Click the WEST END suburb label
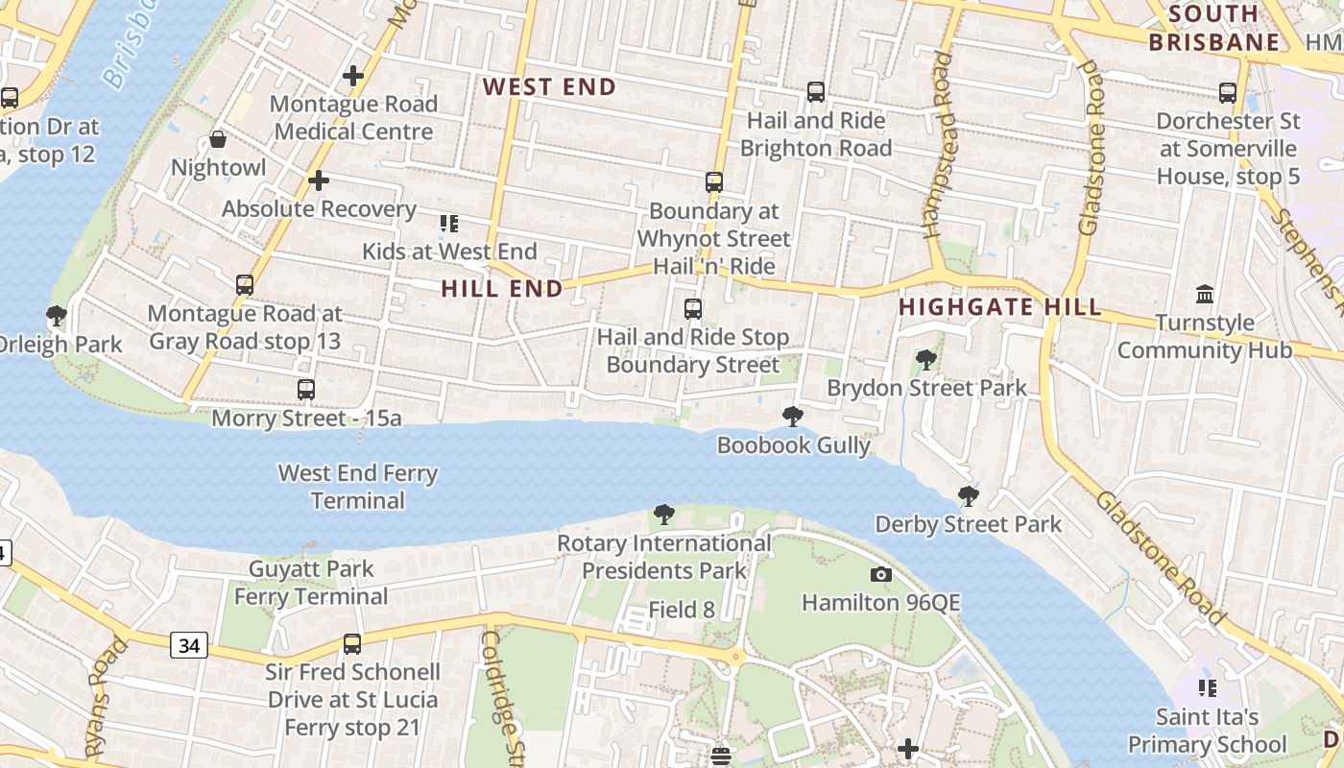point(549,87)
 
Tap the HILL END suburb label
point(502,289)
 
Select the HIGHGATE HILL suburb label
point(999,307)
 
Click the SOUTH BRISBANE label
point(1214,28)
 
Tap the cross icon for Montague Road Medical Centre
point(353,75)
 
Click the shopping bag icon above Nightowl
point(218,140)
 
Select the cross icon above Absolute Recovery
point(319,180)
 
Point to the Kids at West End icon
point(448,224)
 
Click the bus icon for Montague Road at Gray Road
point(245,285)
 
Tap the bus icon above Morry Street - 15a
point(306,390)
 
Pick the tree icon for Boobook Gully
point(793,417)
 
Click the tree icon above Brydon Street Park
point(926,360)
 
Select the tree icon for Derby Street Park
point(969,496)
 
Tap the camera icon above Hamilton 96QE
point(880,575)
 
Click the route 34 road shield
point(189,646)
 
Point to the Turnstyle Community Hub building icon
point(1205,294)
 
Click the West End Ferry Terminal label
point(357,487)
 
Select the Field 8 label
point(682,609)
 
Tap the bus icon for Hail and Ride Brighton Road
point(816,92)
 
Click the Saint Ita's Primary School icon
point(1207,688)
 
